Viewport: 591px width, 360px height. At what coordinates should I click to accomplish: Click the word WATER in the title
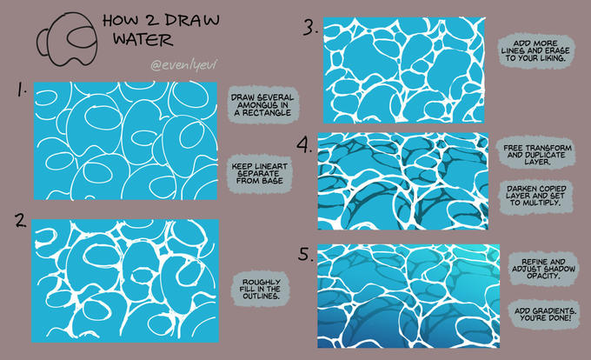click(143, 40)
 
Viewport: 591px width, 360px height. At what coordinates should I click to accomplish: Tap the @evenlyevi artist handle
click(184, 65)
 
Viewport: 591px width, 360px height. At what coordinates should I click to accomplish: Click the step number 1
click(22, 90)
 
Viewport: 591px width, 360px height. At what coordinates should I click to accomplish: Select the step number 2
click(21, 220)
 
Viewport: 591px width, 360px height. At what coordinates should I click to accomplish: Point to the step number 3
click(310, 28)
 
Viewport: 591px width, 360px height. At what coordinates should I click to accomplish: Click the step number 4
click(304, 144)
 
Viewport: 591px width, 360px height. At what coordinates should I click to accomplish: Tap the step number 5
click(306, 254)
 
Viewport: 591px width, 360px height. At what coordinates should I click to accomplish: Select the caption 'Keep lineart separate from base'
click(260, 174)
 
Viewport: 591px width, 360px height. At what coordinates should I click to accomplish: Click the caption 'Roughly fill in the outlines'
click(262, 290)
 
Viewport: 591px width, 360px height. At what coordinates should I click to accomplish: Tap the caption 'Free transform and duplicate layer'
click(537, 155)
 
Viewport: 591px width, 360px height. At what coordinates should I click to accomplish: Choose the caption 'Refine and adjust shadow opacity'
click(543, 269)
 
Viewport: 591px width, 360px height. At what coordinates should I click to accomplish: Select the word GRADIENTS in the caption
click(554, 311)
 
